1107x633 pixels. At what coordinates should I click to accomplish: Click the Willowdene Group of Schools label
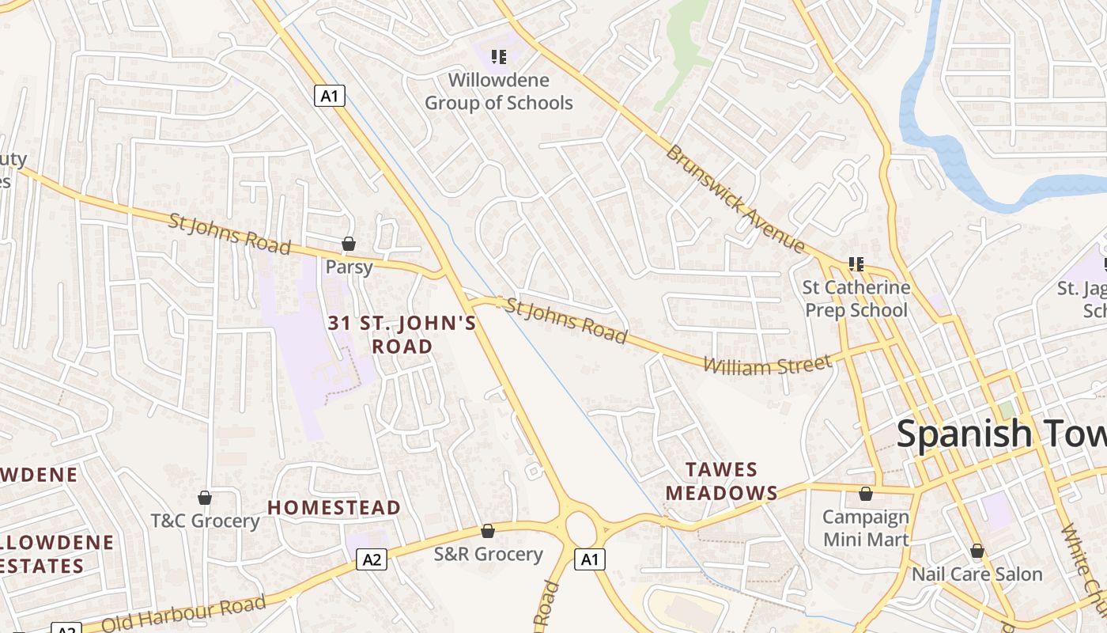[498, 91]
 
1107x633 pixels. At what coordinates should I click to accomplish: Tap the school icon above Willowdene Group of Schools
[499, 56]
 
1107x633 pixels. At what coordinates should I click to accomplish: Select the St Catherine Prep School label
[856, 298]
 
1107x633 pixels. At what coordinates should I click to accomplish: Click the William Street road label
[766, 366]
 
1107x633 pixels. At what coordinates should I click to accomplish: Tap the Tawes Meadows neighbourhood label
[721, 481]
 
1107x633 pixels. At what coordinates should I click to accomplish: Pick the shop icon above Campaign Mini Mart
[866, 495]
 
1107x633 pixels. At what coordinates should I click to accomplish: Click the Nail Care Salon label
[977, 574]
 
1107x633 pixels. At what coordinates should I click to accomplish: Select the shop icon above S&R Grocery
[488, 531]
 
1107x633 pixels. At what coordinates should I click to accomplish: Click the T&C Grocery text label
[205, 521]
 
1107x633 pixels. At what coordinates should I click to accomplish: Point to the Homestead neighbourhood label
[334, 507]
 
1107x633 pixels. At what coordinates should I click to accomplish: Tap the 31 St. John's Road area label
[402, 334]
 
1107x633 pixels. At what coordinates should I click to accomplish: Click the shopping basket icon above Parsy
[349, 244]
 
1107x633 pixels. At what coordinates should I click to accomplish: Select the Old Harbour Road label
[183, 613]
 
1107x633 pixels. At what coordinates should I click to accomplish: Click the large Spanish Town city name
[1001, 434]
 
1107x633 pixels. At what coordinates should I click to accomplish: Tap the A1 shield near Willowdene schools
[330, 97]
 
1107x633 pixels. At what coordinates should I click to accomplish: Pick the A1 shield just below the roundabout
[589, 559]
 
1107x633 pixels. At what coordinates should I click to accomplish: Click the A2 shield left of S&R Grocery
[372, 560]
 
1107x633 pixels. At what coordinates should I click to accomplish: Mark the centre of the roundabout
[581, 525]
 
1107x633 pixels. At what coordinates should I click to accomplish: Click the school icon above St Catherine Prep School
[856, 263]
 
